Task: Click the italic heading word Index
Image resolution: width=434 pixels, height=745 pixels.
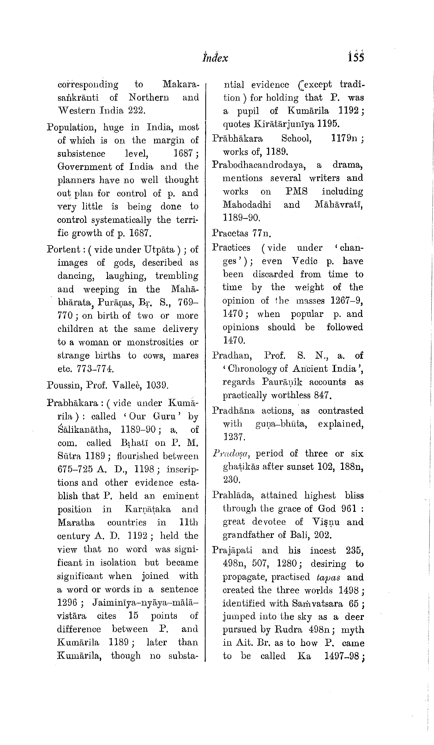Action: [215, 58]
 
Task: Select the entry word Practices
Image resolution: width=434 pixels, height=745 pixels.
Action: [231, 248]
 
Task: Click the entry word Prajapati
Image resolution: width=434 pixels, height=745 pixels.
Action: [232, 551]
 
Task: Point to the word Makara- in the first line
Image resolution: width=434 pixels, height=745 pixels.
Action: [181, 85]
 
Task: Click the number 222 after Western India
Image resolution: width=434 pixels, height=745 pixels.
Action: [136, 111]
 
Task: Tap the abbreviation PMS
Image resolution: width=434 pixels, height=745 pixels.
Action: [296, 191]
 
